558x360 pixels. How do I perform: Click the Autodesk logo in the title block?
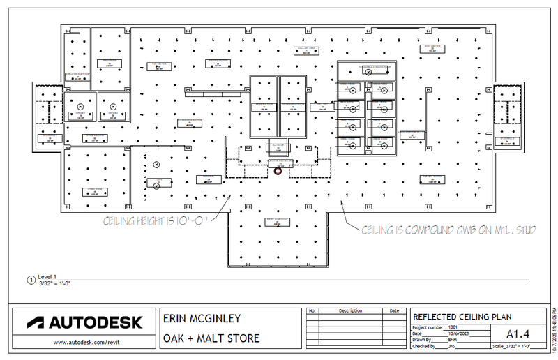coord(84,323)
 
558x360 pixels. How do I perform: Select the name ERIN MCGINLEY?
coord(202,319)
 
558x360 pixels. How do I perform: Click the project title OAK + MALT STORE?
coord(211,338)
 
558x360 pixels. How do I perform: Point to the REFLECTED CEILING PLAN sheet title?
coord(462,317)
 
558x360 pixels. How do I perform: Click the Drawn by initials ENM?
coord(453,340)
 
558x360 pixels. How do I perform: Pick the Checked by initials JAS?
coord(453,346)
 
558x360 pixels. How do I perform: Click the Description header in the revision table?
coord(351,311)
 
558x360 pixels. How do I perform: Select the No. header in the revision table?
coord(312,311)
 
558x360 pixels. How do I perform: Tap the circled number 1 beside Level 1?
coord(30,280)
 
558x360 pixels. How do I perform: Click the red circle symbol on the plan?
coord(278,170)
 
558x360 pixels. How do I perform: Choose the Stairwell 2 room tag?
coord(508,140)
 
